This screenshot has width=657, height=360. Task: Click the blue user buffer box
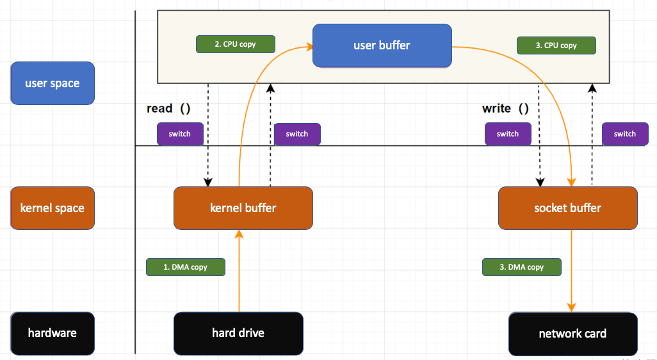[382, 45]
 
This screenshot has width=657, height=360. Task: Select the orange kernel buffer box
[243, 208]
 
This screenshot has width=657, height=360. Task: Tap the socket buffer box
[567, 208]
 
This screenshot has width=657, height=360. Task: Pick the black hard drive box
[238, 333]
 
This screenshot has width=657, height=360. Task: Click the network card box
[572, 334]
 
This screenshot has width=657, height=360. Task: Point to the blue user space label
[53, 83]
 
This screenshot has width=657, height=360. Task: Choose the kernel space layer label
[53, 208]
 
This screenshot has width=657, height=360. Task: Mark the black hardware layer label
[53, 333]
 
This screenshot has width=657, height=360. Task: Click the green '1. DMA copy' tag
[186, 267]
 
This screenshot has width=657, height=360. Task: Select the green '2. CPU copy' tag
[235, 44]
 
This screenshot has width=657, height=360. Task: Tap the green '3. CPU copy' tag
[556, 45]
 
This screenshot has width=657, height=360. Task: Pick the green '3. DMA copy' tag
[521, 267]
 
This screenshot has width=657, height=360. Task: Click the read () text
[168, 109]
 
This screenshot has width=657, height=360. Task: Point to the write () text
[505, 109]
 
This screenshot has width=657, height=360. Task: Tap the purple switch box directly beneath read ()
[180, 134]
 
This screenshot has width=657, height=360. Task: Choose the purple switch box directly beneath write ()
[508, 134]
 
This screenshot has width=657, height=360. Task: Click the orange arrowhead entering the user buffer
[308, 45]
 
